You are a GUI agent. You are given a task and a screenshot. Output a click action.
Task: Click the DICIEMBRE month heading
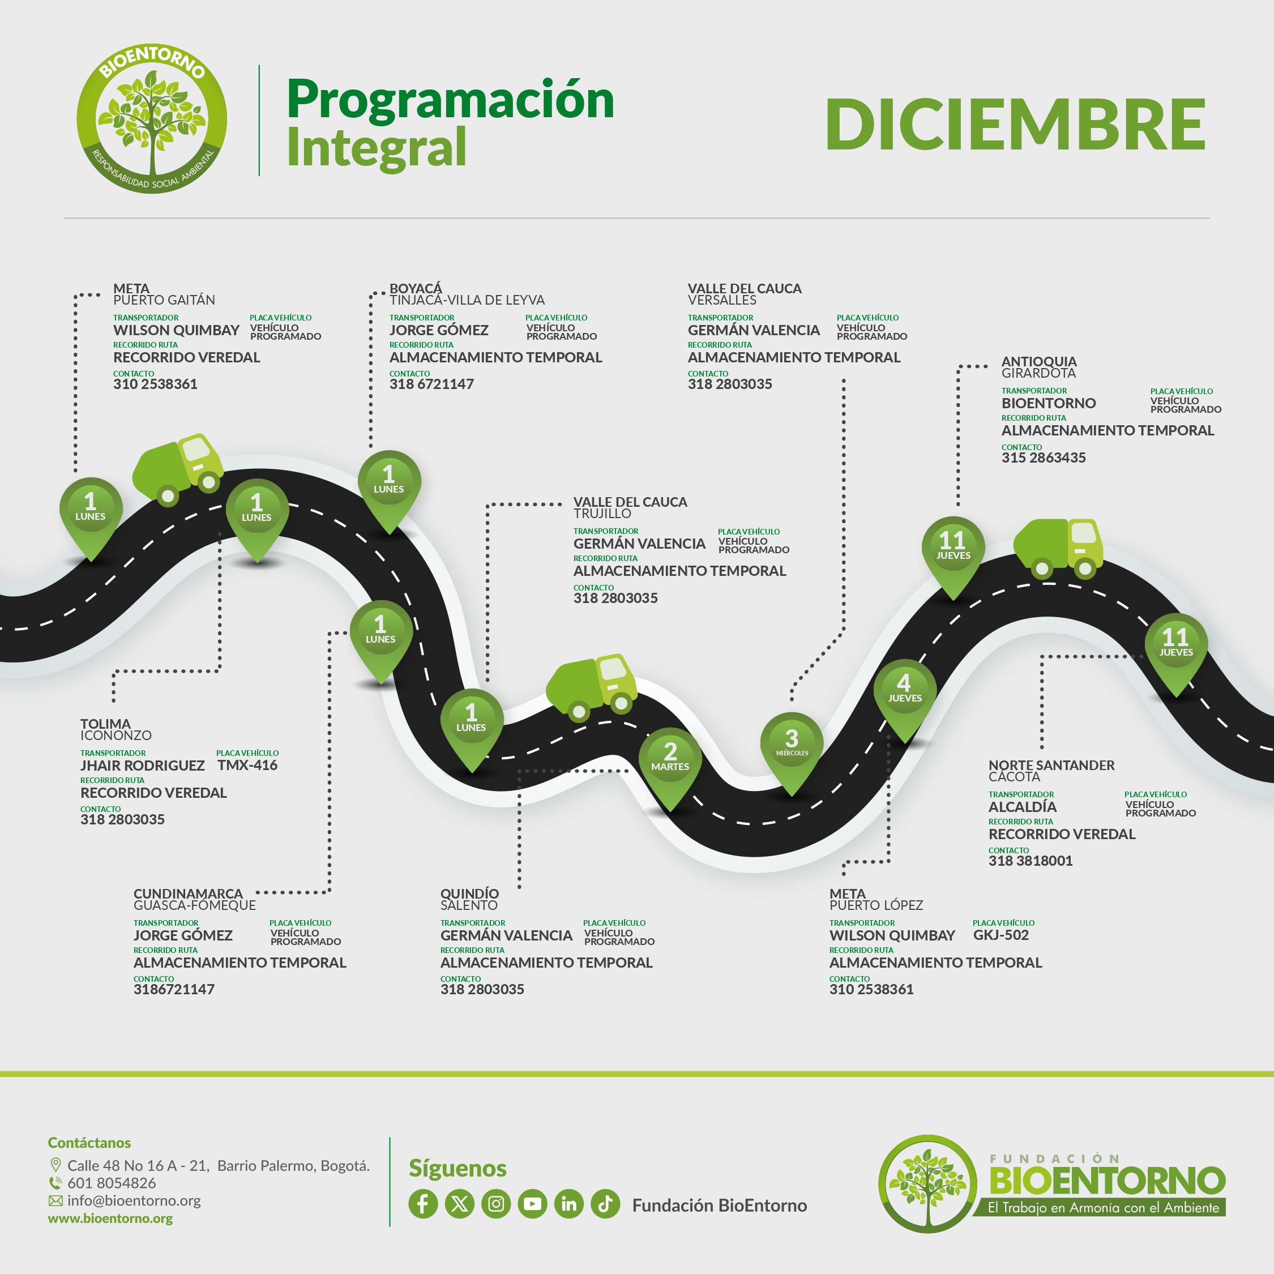(1015, 124)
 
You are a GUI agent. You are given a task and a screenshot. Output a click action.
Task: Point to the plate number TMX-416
(247, 765)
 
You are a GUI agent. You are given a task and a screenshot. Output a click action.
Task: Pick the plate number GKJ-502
(1001, 935)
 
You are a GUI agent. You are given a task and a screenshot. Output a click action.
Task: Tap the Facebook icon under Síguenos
(423, 1204)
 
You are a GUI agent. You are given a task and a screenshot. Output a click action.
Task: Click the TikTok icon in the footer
(605, 1204)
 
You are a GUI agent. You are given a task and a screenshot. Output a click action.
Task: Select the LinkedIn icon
(568, 1204)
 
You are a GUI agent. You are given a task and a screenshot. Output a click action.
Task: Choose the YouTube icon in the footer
(532, 1204)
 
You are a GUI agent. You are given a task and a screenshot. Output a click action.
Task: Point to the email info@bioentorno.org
(134, 1201)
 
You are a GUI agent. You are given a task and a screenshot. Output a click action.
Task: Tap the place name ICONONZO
(116, 736)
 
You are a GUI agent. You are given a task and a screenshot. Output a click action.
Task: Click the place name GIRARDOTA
(1038, 373)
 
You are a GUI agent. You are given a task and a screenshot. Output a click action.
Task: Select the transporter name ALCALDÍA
(1022, 806)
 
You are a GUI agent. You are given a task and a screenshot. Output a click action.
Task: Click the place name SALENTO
(469, 905)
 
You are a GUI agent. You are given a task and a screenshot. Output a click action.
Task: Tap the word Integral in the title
(377, 148)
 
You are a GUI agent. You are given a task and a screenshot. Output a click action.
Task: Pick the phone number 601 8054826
(112, 1183)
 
